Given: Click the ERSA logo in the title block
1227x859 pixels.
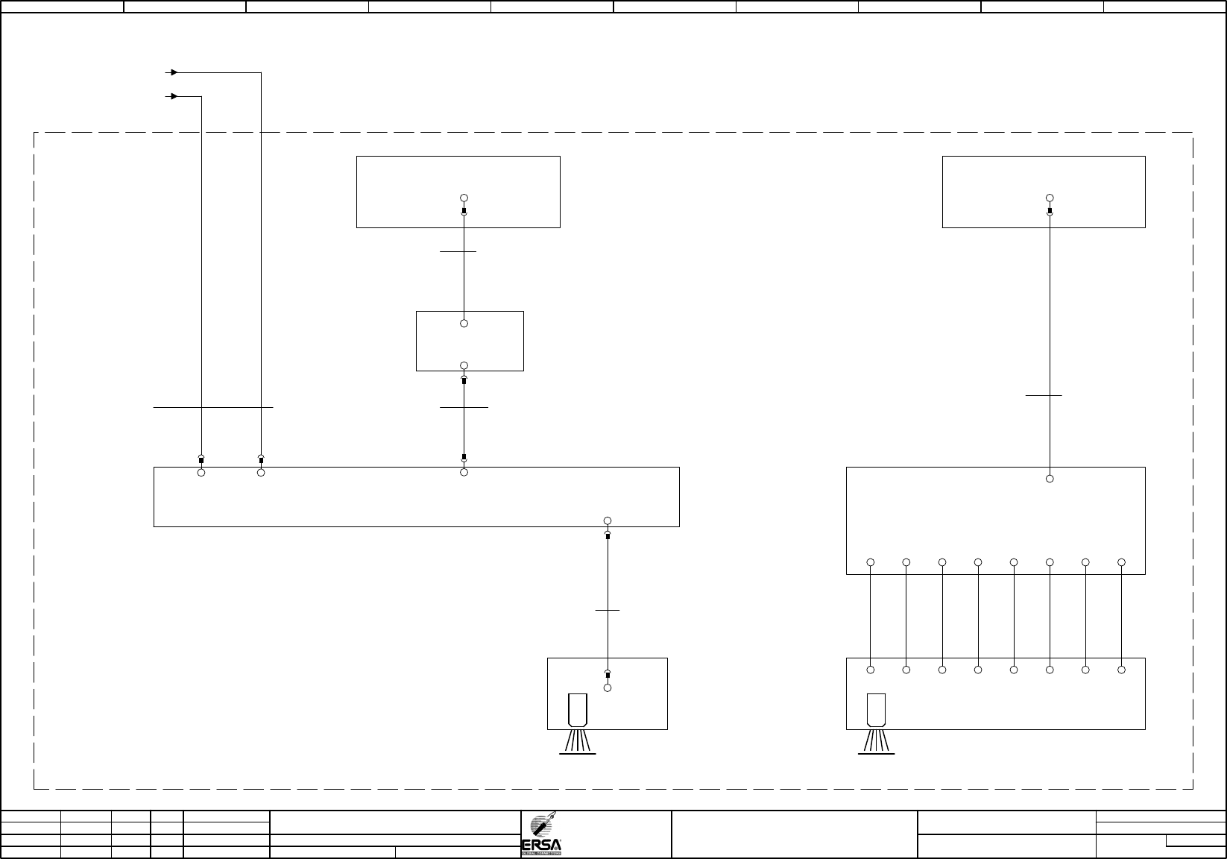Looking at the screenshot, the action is (x=542, y=834).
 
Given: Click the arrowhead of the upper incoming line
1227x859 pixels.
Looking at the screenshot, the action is (x=173, y=72).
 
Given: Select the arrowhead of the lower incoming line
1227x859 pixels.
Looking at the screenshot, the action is (x=173, y=96).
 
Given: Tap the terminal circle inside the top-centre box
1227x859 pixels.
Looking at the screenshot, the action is (x=464, y=198).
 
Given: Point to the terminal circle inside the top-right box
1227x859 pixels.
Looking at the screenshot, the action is (x=1050, y=198).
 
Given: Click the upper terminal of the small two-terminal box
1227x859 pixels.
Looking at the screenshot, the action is (x=464, y=324).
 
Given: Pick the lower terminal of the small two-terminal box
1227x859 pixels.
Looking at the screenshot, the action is (x=464, y=365).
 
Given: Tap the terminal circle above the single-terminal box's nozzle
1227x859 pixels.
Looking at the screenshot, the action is (x=608, y=687).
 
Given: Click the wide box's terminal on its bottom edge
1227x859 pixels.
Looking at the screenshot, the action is (x=608, y=520).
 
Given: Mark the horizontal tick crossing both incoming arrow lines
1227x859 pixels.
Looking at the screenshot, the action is (x=213, y=408).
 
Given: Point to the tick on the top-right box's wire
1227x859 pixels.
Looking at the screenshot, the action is (x=1044, y=396).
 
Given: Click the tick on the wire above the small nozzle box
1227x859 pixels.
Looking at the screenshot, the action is (x=608, y=611).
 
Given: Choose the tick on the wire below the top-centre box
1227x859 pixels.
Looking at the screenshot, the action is (x=458, y=252).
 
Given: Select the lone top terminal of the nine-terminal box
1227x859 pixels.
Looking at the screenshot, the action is (x=1050, y=479).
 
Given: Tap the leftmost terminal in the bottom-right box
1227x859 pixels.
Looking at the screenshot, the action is (x=871, y=670).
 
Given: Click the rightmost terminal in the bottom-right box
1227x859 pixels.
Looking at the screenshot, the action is (x=1121, y=670).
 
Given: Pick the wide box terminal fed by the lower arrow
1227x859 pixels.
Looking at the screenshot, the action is (x=201, y=473).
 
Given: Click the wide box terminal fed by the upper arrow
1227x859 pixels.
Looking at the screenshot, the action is (x=261, y=473).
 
